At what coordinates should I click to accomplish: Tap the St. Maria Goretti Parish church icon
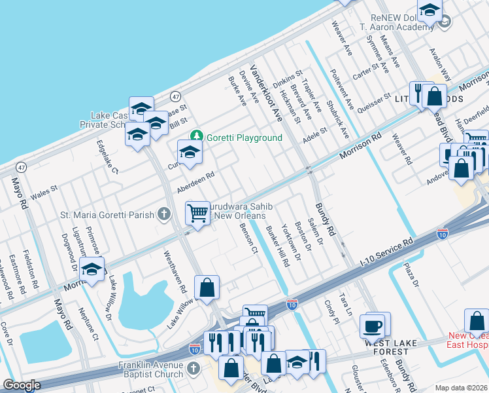click(164, 214)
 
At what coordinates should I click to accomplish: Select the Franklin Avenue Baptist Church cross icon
click(192, 369)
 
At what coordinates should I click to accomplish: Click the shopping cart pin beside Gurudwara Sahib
click(198, 212)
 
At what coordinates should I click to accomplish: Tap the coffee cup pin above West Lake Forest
click(374, 324)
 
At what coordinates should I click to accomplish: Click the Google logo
click(22, 385)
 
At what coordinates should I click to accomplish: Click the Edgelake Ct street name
click(107, 157)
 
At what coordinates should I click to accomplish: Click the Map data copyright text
click(461, 387)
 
